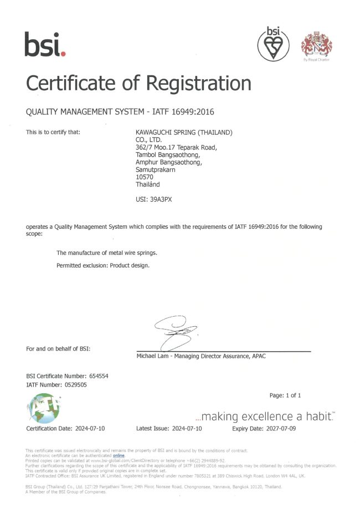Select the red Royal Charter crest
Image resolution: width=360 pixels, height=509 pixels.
[316, 44]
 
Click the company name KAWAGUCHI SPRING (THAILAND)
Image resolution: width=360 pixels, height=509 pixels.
[184, 133]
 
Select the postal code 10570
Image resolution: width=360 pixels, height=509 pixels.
[145, 177]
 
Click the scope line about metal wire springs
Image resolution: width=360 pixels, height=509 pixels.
[107, 253]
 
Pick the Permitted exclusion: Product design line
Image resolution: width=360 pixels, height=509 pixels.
[103, 265]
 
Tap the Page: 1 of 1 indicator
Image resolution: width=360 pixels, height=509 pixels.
[285, 395]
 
